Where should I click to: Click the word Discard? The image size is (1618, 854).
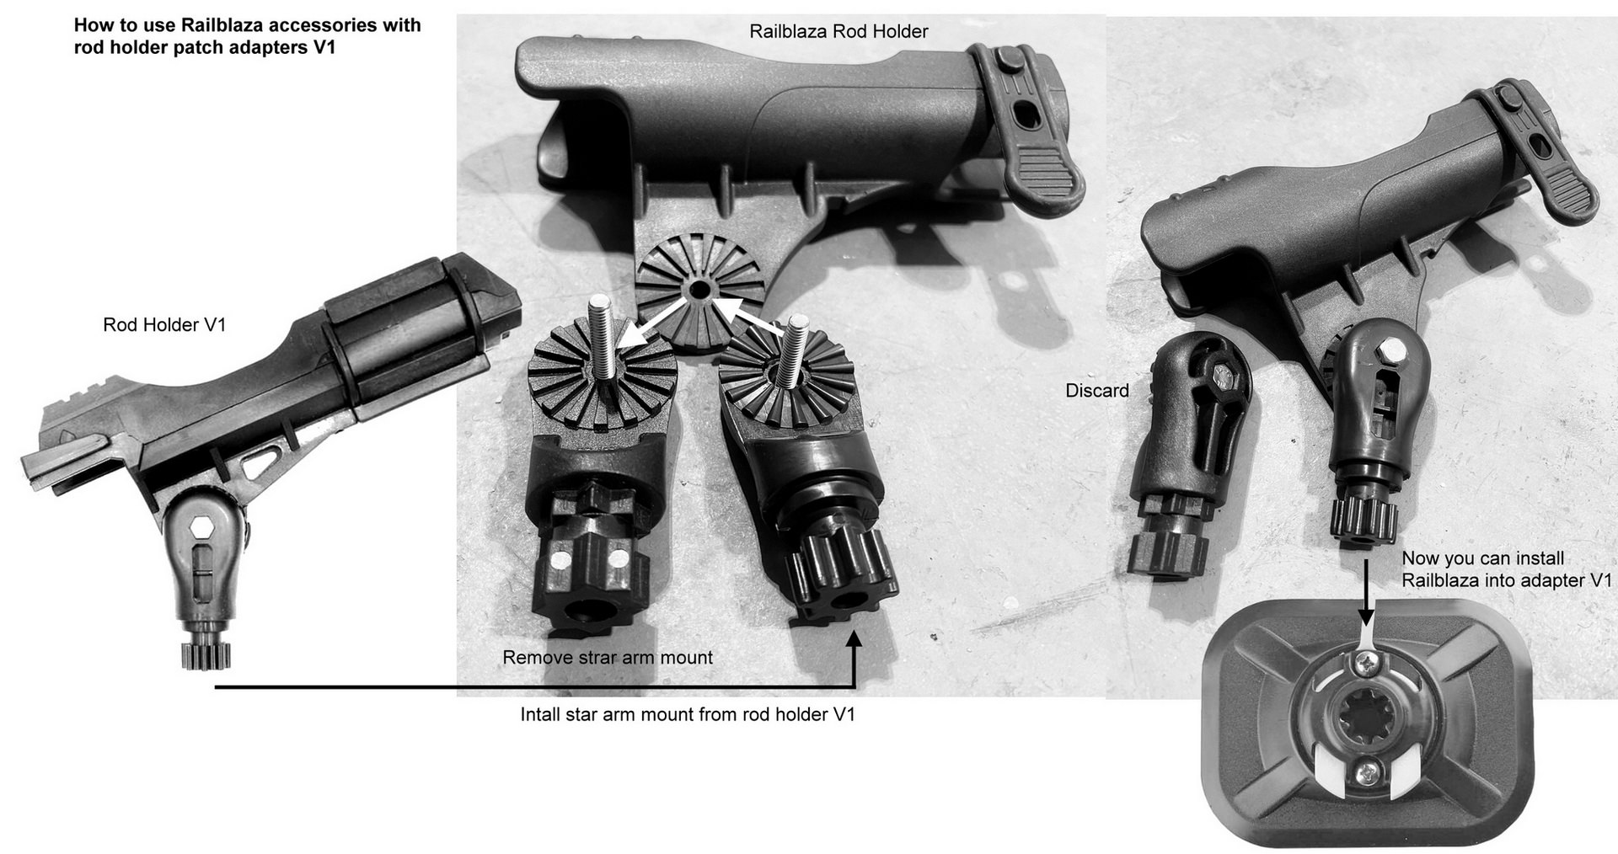[1096, 391]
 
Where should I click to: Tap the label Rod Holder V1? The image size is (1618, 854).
[164, 325]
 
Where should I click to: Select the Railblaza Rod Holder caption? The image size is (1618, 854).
[838, 32]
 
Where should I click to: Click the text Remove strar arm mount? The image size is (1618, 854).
[608, 658]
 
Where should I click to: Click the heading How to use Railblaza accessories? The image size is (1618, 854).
[248, 24]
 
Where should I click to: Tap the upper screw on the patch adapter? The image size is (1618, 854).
[1366, 666]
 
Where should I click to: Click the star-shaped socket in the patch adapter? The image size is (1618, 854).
[1365, 717]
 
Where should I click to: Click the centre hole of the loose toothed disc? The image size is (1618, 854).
[699, 290]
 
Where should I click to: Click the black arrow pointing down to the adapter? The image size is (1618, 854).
[1366, 595]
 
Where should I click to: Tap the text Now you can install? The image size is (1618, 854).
[1483, 558]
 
